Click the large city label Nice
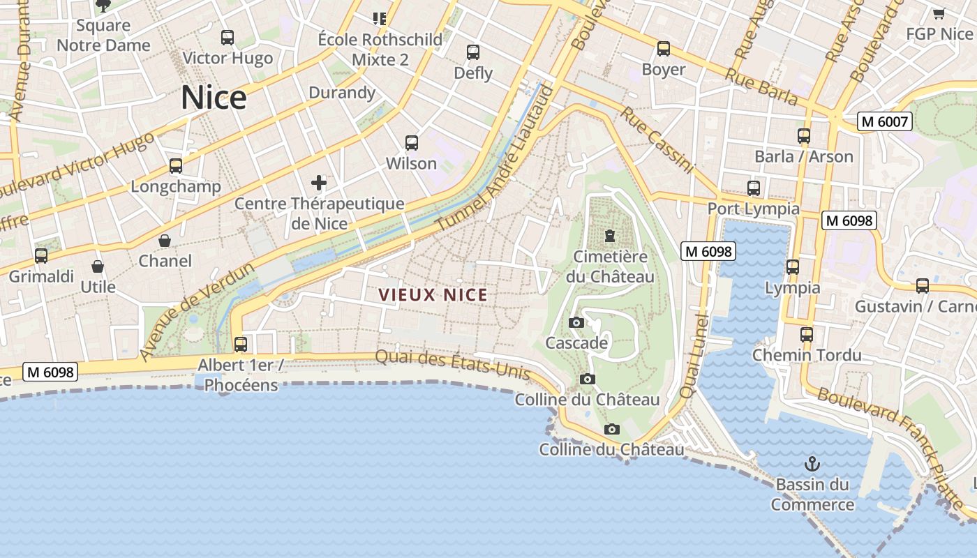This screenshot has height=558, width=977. pyautogui.click(x=214, y=98)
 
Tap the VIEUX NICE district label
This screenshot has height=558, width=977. pyautogui.click(x=433, y=295)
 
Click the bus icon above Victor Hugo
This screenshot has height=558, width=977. pyautogui.click(x=228, y=38)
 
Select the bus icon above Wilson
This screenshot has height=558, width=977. pyautogui.click(x=412, y=143)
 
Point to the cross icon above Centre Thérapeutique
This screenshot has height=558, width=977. pyautogui.click(x=319, y=183)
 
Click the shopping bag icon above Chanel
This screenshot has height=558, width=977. pyautogui.click(x=165, y=241)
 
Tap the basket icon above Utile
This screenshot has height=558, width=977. pyautogui.click(x=98, y=266)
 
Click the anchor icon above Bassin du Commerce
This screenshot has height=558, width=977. pyautogui.click(x=812, y=464)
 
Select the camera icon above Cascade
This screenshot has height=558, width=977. pyautogui.click(x=576, y=322)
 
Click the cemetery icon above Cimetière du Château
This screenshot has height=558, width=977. pyautogui.click(x=611, y=236)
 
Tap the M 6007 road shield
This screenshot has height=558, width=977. pyautogui.click(x=885, y=121)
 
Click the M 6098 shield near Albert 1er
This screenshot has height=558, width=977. pyautogui.click(x=50, y=372)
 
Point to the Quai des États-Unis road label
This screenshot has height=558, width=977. pyautogui.click(x=453, y=365)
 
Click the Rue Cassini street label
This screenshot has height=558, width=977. pyautogui.click(x=657, y=139)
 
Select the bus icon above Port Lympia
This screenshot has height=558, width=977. pyautogui.click(x=754, y=188)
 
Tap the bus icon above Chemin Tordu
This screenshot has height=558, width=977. pyautogui.click(x=807, y=334)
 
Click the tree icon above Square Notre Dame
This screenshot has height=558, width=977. pyautogui.click(x=103, y=6)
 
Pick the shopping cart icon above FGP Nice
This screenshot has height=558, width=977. pyautogui.click(x=939, y=13)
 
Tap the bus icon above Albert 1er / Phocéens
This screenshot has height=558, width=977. pyautogui.click(x=241, y=344)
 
